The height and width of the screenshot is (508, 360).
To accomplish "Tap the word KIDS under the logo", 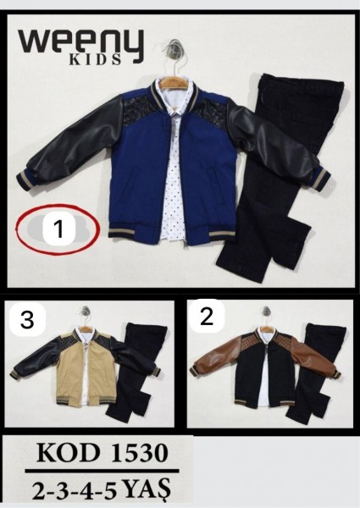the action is tap(95, 59).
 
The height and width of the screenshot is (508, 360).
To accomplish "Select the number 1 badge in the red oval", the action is tap(59, 229).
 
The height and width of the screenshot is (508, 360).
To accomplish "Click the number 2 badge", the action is tap(207, 317).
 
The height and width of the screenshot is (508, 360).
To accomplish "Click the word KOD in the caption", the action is tap(68, 453).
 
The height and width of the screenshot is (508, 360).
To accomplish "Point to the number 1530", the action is tap(139, 453).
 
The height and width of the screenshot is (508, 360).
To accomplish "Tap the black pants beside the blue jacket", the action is tap(275, 175).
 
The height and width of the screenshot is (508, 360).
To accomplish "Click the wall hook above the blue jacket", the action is tap(175, 47).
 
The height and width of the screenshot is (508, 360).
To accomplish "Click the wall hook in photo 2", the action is tap(266, 310).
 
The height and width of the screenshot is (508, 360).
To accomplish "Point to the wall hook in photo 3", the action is tap(86, 310).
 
